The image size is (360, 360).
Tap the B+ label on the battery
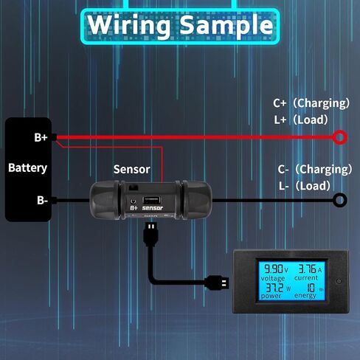pyautogui.click(x=41, y=137)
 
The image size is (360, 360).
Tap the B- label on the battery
pyautogui.click(x=42, y=201)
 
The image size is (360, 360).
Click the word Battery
pyautogui.click(x=27, y=168)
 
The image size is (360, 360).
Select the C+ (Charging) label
pyautogui.click(x=311, y=103)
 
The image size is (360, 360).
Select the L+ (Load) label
pyautogui.click(x=301, y=120)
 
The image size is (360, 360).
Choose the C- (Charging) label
pyautogui.click(x=315, y=170)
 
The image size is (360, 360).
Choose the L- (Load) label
pyautogui.click(x=305, y=186)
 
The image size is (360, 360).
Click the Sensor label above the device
pyautogui.click(x=132, y=170)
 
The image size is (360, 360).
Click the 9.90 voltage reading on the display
pyautogui.click(x=273, y=269)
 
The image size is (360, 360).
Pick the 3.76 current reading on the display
pyautogui.click(x=307, y=269)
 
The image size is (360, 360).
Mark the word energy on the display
pyautogui.click(x=305, y=295)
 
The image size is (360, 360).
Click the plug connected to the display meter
pyautogui.click(x=217, y=283)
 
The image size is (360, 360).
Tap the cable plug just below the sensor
pyautogui.click(x=151, y=234)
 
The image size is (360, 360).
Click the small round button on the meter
pyautogui.click(x=339, y=281)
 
